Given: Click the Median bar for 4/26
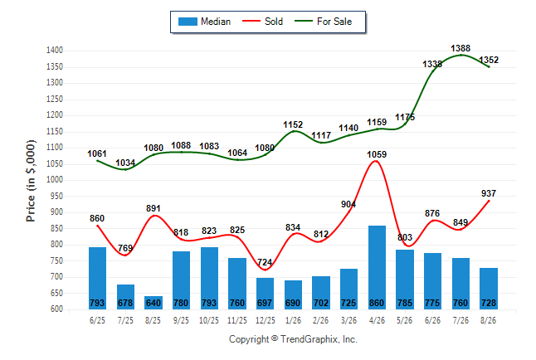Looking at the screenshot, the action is click(377, 267).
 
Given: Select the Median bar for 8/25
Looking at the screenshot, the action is click(153, 303).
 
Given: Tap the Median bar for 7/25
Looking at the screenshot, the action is click(125, 297).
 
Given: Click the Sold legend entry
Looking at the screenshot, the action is click(262, 22).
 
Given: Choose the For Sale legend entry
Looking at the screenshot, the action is click(323, 22).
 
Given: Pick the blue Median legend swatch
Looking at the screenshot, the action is click(188, 22).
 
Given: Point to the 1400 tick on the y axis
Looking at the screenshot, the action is click(55, 51).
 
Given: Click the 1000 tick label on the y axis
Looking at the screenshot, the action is click(55, 180).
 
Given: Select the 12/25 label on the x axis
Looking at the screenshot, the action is click(265, 320).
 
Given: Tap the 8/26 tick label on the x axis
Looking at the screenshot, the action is click(488, 320).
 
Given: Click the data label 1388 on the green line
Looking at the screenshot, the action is click(460, 48).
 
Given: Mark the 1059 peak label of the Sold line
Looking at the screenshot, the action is click(377, 154).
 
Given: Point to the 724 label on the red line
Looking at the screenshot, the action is click(265, 262).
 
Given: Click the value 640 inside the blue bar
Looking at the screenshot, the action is click(153, 303).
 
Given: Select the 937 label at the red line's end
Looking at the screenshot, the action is click(489, 193).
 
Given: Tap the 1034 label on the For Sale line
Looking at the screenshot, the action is click(125, 163).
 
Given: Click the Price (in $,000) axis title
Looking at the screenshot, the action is click(31, 181).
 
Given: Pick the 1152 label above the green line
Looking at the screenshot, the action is click(293, 124).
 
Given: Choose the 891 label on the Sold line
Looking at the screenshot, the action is click(153, 208).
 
